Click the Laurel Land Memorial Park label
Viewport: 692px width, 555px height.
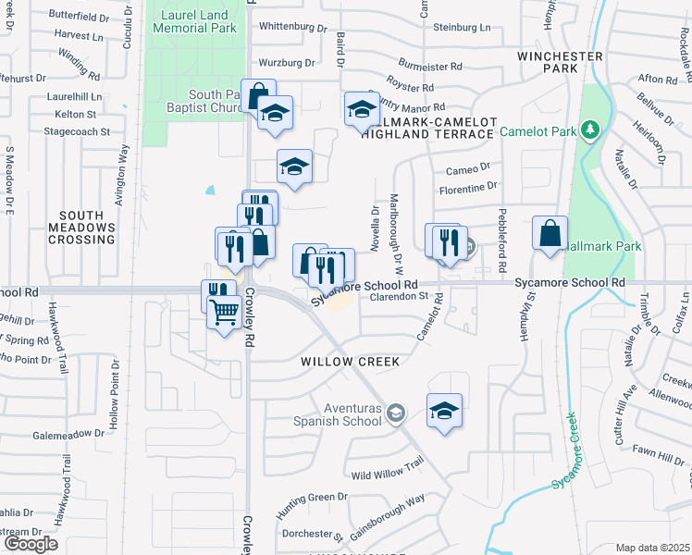[198, 21]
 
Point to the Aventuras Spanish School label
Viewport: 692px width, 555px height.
[340, 414]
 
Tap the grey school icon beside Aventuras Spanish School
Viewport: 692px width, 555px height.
[396, 413]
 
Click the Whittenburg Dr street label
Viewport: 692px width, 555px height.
[294, 27]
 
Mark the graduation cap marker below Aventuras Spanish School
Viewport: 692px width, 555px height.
[444, 410]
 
